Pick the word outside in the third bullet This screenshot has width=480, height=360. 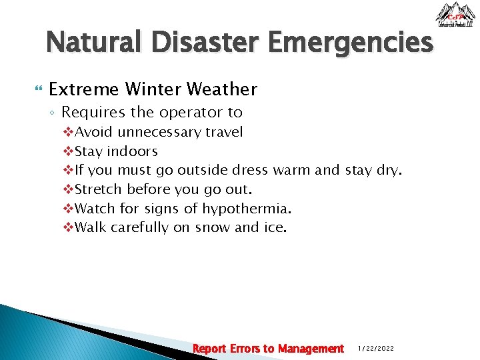202,170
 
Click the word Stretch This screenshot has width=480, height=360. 99,189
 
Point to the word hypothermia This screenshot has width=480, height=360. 247,209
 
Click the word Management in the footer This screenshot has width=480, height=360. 311,348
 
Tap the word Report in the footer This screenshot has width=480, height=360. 209,348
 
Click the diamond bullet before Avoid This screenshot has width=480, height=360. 67,132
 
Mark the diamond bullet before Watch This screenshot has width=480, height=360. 67,209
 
